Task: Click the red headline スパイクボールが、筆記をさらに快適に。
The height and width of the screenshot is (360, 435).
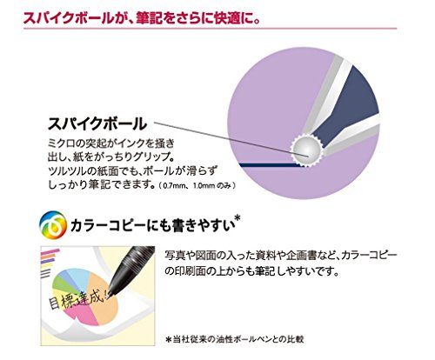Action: click(141, 17)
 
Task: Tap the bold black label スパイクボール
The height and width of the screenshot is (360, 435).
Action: click(97, 123)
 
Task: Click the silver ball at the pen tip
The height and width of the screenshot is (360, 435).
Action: click(307, 150)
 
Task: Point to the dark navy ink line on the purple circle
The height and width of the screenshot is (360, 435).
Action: click(269, 165)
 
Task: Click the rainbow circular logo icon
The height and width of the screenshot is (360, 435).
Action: click(53, 224)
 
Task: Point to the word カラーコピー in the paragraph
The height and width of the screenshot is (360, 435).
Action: click(369, 256)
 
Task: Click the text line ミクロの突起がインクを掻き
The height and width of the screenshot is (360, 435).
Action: click(111, 143)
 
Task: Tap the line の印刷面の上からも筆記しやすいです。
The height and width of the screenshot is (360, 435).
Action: click(251, 271)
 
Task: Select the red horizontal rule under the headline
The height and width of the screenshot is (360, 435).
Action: click(210, 29)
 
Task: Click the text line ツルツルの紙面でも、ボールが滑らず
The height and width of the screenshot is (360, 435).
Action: click(132, 171)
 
